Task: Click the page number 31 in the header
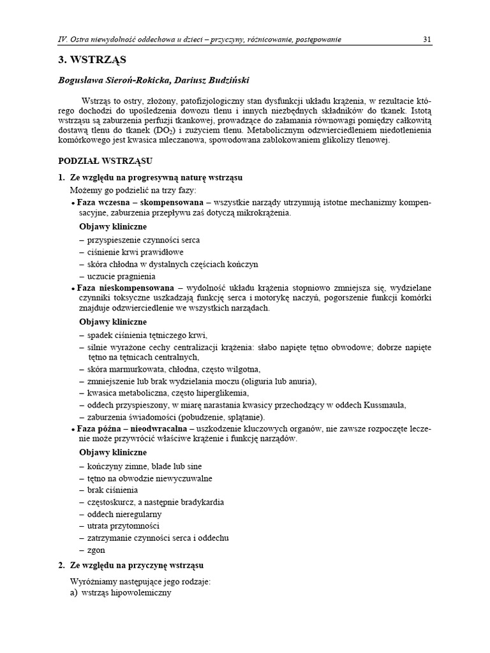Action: pos(427,40)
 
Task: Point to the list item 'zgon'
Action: pos(97,550)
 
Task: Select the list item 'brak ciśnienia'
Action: pos(114,490)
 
